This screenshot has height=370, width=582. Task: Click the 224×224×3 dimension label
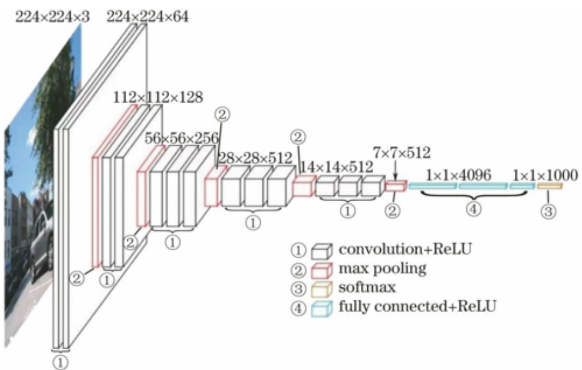[52, 17]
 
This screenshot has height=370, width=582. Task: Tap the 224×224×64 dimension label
[148, 17]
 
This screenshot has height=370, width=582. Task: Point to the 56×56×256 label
[182, 137]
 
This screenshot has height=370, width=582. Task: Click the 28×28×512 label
[255, 158]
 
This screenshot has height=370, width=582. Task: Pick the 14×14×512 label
[337, 167]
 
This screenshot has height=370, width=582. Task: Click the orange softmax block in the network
[550, 186]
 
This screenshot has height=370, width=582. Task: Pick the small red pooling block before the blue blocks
[396, 186]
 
